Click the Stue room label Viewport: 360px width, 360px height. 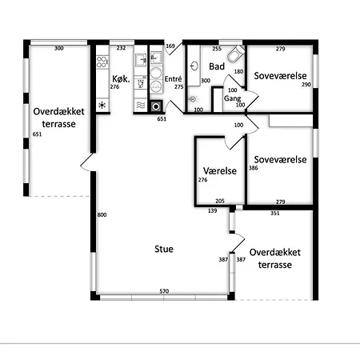tap(164, 249)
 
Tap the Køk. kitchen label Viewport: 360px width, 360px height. tap(121, 78)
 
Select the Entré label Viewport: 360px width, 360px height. tap(173, 79)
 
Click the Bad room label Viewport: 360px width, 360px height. tap(217, 66)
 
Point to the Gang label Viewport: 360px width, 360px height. tap(232, 98)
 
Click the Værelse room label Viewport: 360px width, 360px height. tap(220, 170)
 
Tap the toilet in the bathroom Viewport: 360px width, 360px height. tap(236, 54)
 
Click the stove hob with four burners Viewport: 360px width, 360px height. tap(102, 62)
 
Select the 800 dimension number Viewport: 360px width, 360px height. tap(102, 214)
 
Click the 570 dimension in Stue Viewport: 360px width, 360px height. tap(164, 291)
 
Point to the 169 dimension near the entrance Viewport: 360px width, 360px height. tap(170, 46)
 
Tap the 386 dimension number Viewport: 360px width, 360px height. tap(253, 168)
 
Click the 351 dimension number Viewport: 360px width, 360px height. tap(275, 213)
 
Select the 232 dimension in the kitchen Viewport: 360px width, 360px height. tap(121, 48)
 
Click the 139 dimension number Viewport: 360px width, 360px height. tap(212, 210)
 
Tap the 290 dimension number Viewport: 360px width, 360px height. tap(306, 84)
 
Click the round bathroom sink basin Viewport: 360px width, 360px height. tap(194, 66)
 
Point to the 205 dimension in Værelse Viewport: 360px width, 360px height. tap(220, 201)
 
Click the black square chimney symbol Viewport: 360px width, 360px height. tap(156, 106)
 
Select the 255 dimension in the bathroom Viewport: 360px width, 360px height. tap(217, 49)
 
